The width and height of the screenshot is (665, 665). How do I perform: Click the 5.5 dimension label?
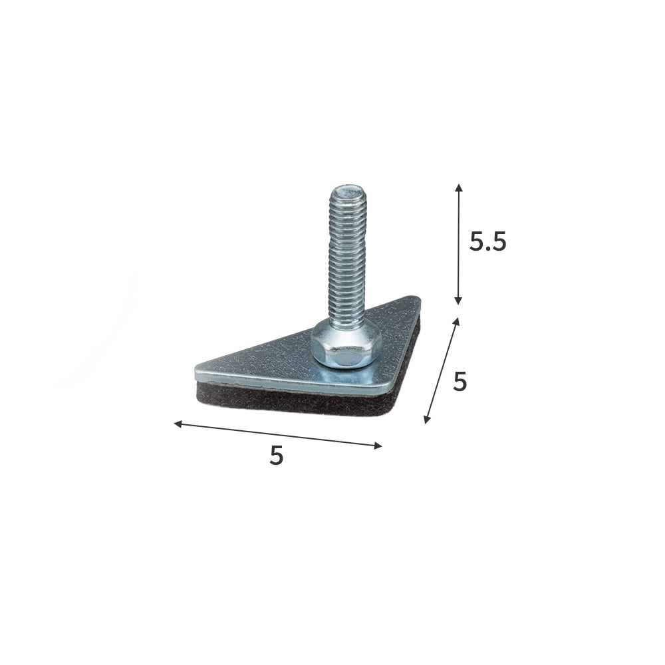coord(487,242)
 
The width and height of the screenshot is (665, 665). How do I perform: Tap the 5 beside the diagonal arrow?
coord(460,382)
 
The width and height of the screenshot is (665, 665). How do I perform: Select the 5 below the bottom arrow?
coord(276,456)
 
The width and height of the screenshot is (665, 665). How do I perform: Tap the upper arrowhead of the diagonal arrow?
coord(457,321)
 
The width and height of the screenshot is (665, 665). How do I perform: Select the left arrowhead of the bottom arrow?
coord(178,423)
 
